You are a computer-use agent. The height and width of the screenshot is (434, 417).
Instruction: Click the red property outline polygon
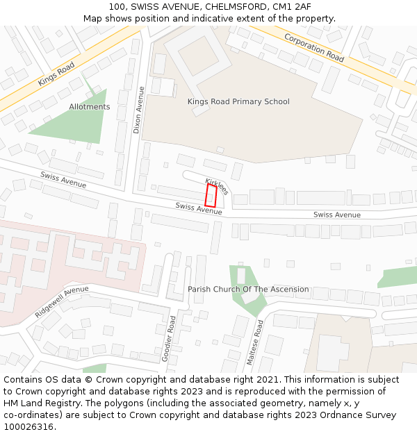[211, 195]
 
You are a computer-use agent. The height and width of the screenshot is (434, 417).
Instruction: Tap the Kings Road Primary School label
[238, 102]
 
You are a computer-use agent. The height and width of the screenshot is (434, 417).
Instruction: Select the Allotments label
[90, 107]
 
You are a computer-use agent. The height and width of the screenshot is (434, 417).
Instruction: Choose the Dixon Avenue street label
[138, 110]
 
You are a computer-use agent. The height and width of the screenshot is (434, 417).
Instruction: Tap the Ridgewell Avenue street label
[62, 301]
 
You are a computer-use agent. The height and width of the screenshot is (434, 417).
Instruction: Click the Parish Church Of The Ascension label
[248, 290]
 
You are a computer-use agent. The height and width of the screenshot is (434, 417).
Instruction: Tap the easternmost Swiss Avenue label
[337, 215]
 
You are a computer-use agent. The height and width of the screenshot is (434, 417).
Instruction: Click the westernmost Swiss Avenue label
[63, 180]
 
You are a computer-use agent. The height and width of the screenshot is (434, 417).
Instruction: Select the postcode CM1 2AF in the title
[293, 7]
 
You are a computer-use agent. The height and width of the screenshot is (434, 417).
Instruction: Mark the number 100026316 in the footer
[28, 426]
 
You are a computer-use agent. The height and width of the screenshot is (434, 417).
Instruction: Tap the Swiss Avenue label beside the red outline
[199, 208]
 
